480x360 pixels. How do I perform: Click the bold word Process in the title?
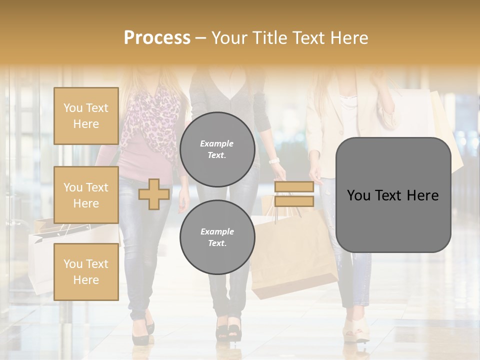pyautogui.click(x=157, y=38)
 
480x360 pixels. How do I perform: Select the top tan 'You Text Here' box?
pyautogui.click(x=86, y=116)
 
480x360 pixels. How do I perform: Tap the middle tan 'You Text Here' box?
pyautogui.click(x=86, y=195)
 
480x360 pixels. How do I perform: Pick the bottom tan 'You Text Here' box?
pyautogui.click(x=86, y=271)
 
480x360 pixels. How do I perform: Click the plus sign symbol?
pyautogui.click(x=154, y=194)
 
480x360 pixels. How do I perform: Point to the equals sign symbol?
pyautogui.click(x=294, y=194)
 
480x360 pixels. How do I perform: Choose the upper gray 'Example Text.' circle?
pyautogui.click(x=217, y=149)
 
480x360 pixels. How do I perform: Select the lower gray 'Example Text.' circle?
pyautogui.click(x=217, y=237)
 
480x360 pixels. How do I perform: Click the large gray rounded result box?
pyautogui.click(x=393, y=195)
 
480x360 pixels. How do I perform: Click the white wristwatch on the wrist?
pyautogui.click(x=273, y=160)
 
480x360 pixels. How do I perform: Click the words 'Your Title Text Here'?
pyautogui.click(x=289, y=38)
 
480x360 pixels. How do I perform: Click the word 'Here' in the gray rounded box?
pyautogui.click(x=422, y=195)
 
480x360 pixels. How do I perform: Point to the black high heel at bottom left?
pyautogui.click(x=142, y=332)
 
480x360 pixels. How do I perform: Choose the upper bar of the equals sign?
pyautogui.click(x=294, y=187)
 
